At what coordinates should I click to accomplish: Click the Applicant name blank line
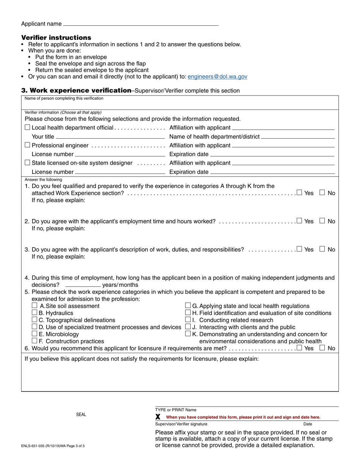click(141, 23)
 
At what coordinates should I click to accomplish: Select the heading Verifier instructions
click(56, 38)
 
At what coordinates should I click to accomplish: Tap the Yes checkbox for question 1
click(300, 193)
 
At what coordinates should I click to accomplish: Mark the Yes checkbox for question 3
click(300, 249)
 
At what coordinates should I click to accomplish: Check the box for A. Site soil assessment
click(34, 306)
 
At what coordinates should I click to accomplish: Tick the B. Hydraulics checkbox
click(34, 313)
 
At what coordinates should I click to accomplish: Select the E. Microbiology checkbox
click(34, 334)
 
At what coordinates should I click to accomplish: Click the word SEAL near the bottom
click(81, 415)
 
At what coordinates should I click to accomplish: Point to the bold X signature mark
click(158, 417)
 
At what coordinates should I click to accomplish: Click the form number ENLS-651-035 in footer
click(38, 446)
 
